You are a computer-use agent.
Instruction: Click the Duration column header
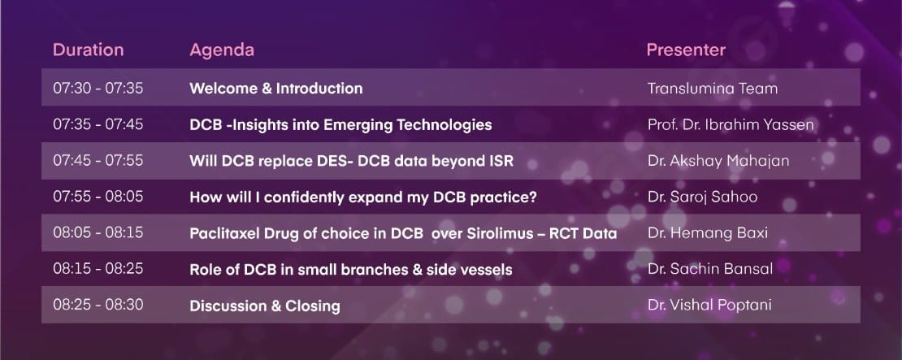[88, 50]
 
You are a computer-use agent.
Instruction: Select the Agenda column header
[222, 50]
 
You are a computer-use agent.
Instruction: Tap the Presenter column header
[686, 50]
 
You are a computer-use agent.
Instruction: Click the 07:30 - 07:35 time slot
[98, 88]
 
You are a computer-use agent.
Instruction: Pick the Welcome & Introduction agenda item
[276, 89]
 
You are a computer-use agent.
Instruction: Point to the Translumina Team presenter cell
[712, 89]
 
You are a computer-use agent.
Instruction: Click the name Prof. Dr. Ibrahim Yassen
[731, 124]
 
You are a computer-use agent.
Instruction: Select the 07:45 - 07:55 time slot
[98, 160]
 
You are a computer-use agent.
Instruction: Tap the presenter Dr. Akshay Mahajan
[718, 161]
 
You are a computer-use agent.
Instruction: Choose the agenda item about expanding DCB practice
[363, 197]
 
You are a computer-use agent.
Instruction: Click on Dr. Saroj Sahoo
[702, 197]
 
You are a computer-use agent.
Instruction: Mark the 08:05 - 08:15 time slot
[98, 233]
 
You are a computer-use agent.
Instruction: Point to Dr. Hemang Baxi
[708, 233]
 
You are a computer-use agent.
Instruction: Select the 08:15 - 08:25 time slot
[98, 268]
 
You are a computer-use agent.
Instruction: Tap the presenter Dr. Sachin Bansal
[710, 268]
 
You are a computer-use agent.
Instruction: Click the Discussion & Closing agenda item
[265, 306]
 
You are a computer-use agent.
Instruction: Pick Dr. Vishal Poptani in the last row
[709, 306]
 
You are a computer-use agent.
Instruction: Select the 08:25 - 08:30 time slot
[98, 305]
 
